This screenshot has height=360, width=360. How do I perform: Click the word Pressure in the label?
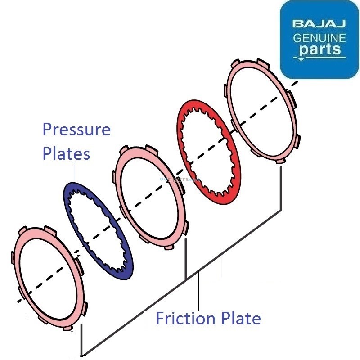click(x=76, y=130)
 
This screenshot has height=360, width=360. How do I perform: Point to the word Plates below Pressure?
click(x=66, y=153)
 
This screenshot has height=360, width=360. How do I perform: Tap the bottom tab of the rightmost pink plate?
click(x=281, y=161)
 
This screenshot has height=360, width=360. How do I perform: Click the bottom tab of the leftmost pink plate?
click(x=67, y=327)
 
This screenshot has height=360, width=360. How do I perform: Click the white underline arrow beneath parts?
click(x=320, y=58)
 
